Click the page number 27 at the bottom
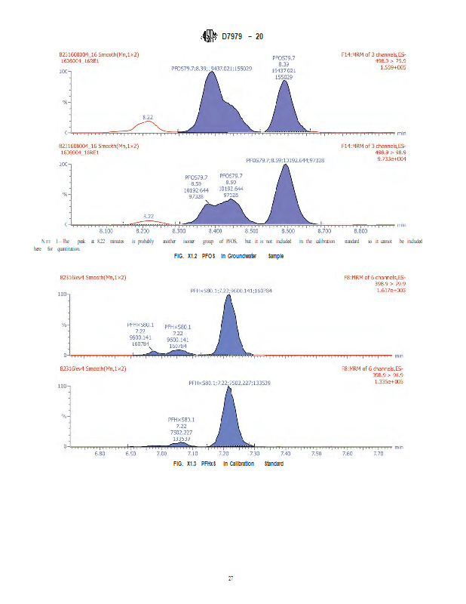click(232, 578)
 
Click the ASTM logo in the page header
click(209, 36)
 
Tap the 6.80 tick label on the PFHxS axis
click(99, 454)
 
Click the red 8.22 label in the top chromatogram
click(149, 117)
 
